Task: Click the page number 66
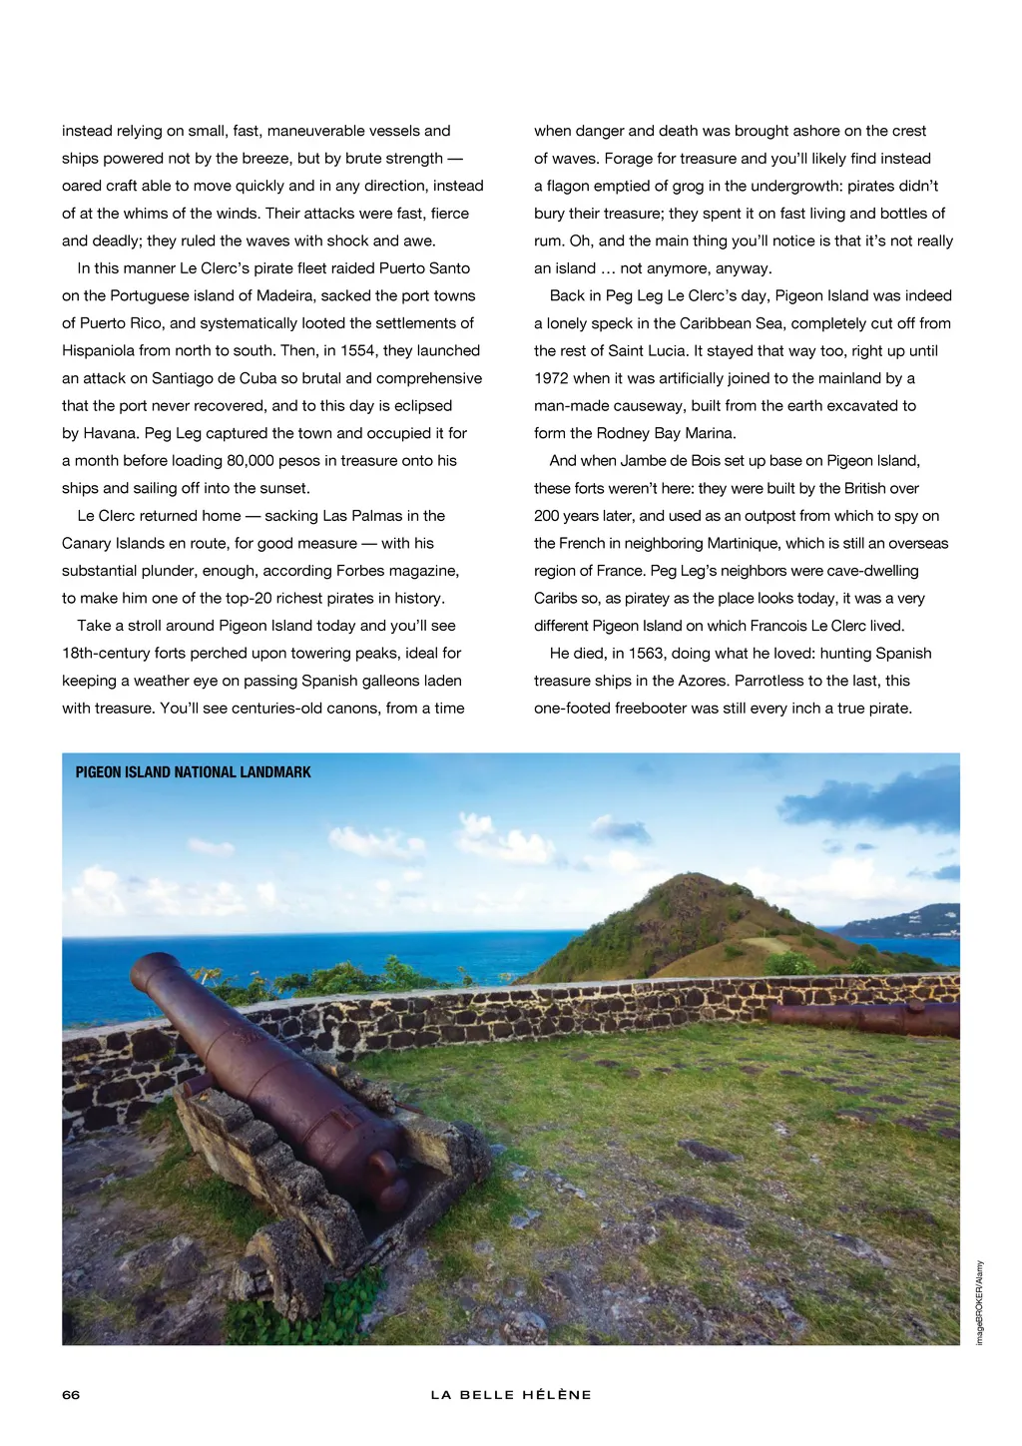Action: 71,1394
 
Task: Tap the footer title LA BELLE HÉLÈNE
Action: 511,1394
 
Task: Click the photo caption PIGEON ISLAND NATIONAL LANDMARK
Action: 193,772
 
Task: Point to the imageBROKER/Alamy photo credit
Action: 980,1301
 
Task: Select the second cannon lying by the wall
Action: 864,1017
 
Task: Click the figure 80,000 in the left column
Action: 260,460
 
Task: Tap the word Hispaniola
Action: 104,350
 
